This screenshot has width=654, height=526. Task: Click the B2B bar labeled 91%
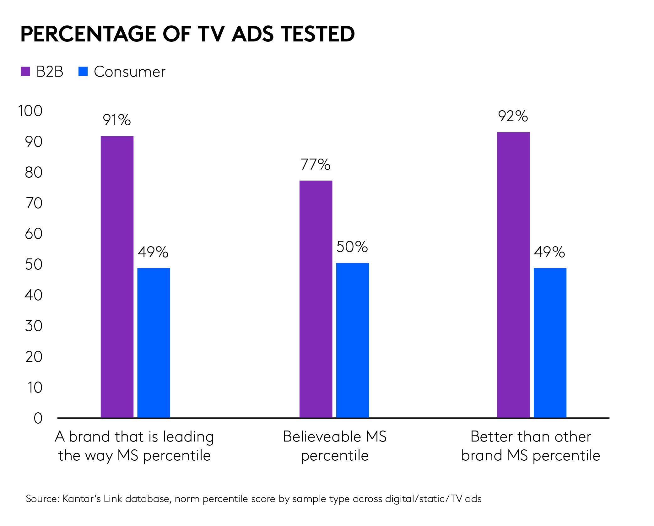pos(117,276)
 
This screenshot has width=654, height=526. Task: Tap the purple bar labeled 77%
pos(316,299)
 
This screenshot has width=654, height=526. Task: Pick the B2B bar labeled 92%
pos(513,274)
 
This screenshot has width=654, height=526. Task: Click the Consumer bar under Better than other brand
pos(550,343)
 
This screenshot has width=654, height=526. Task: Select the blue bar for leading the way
pos(154,343)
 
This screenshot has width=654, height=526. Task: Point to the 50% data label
pos(352,247)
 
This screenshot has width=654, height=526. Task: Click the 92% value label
pos(513,116)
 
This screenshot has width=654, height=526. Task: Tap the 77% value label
pos(315,165)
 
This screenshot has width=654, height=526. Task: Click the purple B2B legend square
pos(25,71)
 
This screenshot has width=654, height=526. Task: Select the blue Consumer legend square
pos(83,71)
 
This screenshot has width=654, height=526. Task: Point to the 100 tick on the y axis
pos(30,111)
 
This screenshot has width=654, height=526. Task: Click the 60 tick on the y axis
pos(34,234)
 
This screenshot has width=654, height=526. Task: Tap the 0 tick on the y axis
pos(38,418)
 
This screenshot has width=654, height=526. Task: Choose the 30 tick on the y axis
pos(34,326)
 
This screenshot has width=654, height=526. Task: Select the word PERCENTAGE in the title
pos(88,34)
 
